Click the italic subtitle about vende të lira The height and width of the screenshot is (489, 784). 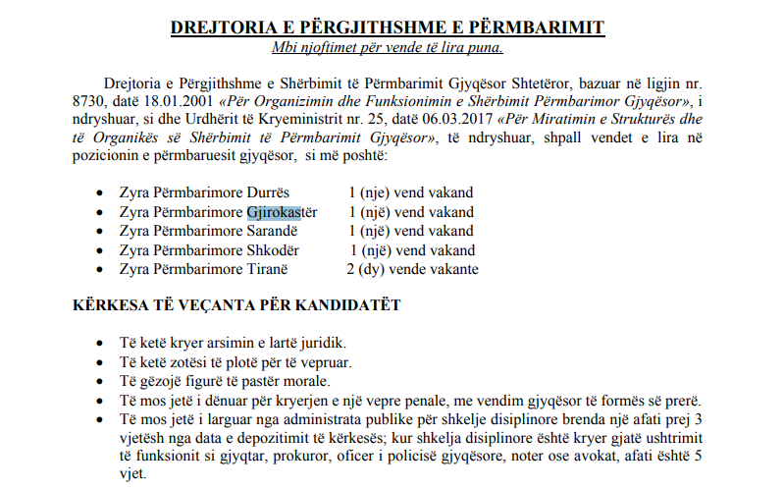(394, 47)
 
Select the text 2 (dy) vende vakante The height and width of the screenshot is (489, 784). (412, 268)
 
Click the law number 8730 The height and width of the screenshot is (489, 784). (89, 100)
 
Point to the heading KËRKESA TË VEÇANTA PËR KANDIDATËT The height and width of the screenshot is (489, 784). (236, 304)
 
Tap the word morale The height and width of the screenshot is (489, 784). (303, 381)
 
